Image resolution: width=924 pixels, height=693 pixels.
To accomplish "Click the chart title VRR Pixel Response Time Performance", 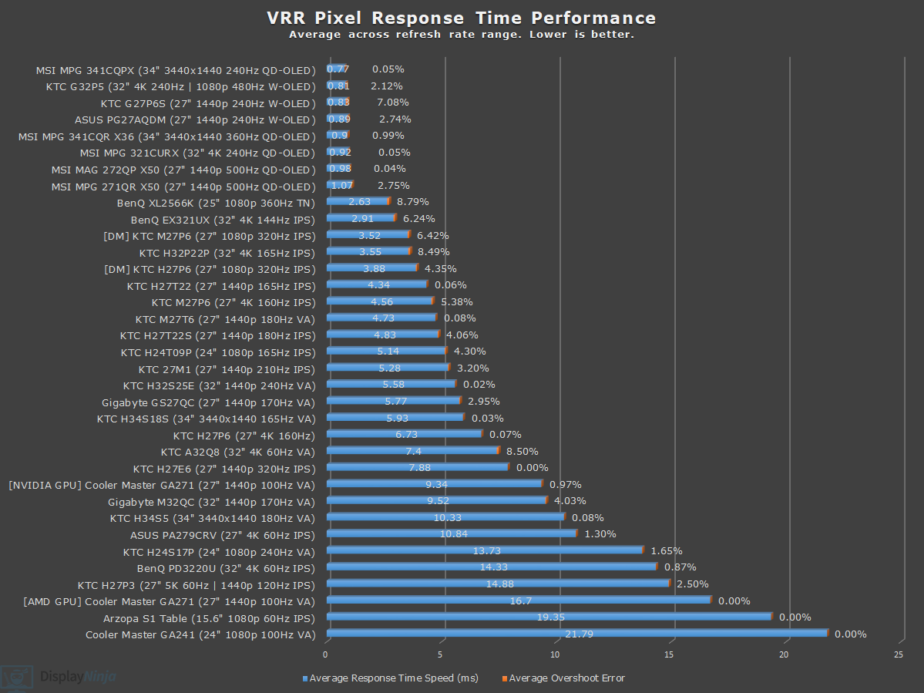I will pos(462,18).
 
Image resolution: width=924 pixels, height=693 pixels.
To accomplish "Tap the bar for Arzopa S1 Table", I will pos(549,617).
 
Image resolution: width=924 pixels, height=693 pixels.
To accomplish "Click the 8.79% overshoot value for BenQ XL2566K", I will pos(412,202).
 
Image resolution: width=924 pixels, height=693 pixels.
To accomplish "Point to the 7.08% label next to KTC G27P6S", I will pos(392,103).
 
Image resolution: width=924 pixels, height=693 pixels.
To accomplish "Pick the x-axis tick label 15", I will pos(669,654).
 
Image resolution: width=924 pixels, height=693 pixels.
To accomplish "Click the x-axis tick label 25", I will pos(898,654).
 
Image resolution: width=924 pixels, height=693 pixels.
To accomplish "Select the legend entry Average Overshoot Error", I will pos(566,678).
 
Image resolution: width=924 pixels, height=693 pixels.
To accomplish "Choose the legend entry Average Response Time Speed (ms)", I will pos(393,678).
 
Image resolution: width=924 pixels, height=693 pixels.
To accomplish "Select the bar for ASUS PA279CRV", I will pos(452,533).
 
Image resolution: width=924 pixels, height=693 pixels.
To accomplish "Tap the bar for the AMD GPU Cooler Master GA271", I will pos(518,600).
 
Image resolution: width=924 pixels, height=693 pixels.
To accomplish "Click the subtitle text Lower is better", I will pos(591,35).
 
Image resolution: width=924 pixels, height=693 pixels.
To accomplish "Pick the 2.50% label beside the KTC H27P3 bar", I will pos(692,584).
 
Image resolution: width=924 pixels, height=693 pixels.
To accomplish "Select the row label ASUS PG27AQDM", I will pos(195,119).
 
